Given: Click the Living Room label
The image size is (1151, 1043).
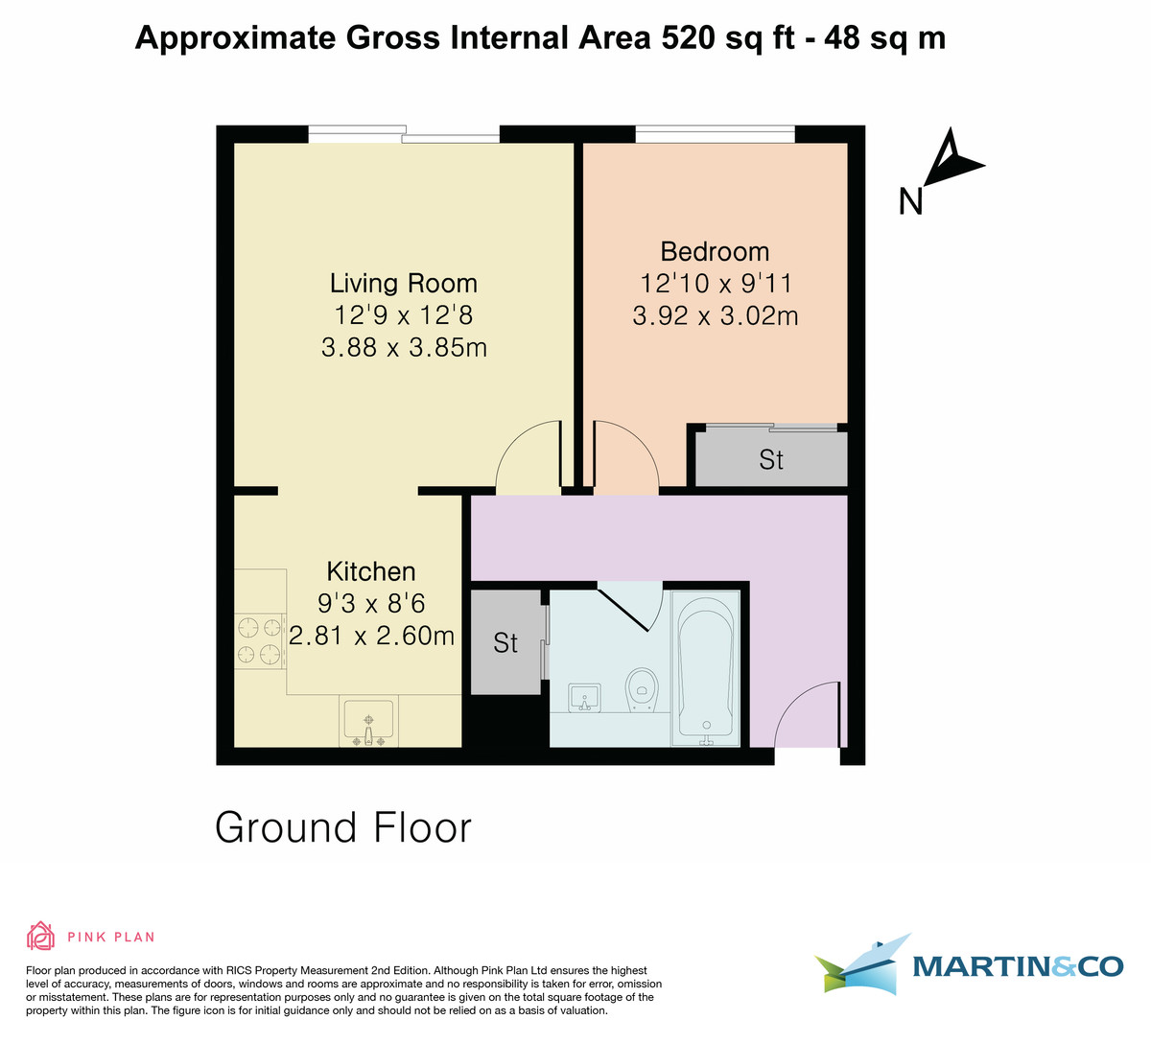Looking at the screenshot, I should pos(403,283).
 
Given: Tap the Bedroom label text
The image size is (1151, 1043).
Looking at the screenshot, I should pos(715,251).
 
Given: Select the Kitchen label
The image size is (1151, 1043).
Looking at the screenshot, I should pos(371,571).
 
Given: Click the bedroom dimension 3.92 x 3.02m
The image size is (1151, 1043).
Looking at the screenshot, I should pos(715,315).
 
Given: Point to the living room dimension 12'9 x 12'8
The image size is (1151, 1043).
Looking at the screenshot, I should pos(403,314).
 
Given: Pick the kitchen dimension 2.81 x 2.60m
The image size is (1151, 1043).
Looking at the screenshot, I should pos(371,635).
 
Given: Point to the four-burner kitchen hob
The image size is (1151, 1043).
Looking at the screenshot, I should pos(260,641).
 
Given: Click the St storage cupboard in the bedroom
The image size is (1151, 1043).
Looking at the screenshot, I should pos(770,460).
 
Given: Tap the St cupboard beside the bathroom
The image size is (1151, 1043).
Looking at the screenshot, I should pos(505,642).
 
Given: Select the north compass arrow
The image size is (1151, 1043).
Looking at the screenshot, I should pos(952,161).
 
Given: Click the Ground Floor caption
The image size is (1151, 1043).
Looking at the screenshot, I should pos(343,827).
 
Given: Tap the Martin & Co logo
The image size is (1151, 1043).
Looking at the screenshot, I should pos(969,965).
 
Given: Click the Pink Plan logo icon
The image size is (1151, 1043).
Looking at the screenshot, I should pos(40,936).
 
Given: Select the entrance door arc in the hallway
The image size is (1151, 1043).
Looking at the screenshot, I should pos(806,714).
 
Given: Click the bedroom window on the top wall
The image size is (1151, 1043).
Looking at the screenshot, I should pos(715,134).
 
